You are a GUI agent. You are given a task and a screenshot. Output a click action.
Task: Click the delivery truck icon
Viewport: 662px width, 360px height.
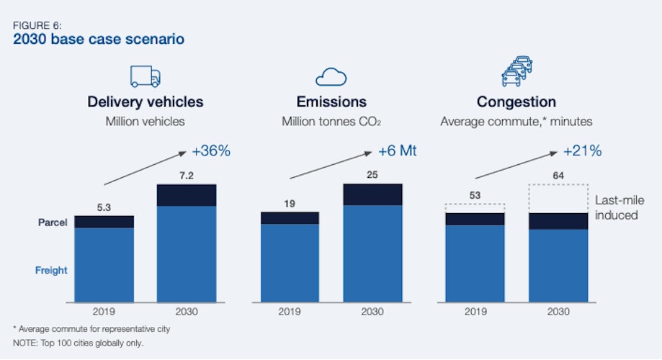click(x=145, y=76)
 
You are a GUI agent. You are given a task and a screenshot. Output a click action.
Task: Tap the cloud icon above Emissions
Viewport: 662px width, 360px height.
click(x=331, y=77)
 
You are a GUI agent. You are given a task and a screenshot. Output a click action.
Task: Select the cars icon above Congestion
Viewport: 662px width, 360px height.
click(x=516, y=73)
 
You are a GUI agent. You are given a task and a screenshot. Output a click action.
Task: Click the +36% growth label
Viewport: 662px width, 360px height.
click(x=211, y=151)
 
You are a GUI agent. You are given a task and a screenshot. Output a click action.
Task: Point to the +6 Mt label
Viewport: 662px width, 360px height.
click(x=398, y=151)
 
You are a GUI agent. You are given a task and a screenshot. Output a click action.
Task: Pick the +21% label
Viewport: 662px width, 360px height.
click(x=582, y=151)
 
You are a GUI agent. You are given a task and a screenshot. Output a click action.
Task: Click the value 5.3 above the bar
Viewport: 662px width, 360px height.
click(x=104, y=208)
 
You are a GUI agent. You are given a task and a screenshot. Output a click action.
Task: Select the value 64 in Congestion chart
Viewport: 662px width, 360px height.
click(x=558, y=176)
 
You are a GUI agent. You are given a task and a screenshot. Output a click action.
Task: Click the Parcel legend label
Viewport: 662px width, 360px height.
click(x=53, y=223)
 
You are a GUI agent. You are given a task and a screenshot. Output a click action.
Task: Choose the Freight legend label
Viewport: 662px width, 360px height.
click(x=51, y=271)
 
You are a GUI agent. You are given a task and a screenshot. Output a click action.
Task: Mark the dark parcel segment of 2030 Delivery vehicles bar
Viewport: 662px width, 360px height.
click(x=187, y=195)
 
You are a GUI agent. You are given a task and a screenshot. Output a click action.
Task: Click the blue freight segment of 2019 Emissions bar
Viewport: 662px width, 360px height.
click(x=290, y=263)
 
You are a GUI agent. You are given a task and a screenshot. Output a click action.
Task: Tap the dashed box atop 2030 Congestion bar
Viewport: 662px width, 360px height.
click(x=558, y=198)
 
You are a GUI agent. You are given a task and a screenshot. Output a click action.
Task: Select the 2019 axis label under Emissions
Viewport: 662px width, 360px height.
click(x=290, y=312)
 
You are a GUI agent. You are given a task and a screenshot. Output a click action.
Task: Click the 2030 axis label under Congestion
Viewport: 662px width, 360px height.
click(x=558, y=312)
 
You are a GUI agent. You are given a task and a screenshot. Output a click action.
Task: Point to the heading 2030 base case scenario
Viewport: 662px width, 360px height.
click(x=99, y=39)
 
